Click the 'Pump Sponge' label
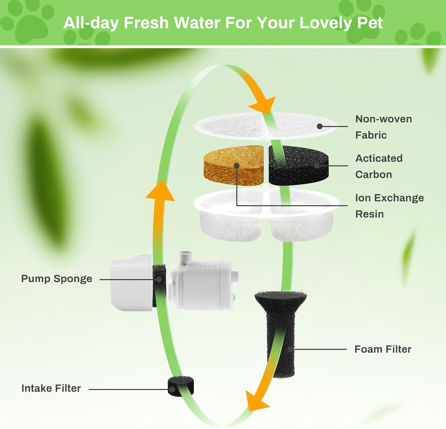(56, 279)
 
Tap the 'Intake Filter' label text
(51, 388)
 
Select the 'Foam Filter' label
(383, 349)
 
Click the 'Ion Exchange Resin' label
(390, 206)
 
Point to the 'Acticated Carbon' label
(379, 166)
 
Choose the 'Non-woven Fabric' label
(384, 127)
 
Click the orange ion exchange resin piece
(234, 165)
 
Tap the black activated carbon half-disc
(299, 165)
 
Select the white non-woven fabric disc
(266, 126)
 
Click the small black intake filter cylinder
(181, 386)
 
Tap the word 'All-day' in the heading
(91, 23)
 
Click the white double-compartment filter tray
(266, 215)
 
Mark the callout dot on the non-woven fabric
(320, 126)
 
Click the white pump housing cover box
(131, 284)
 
